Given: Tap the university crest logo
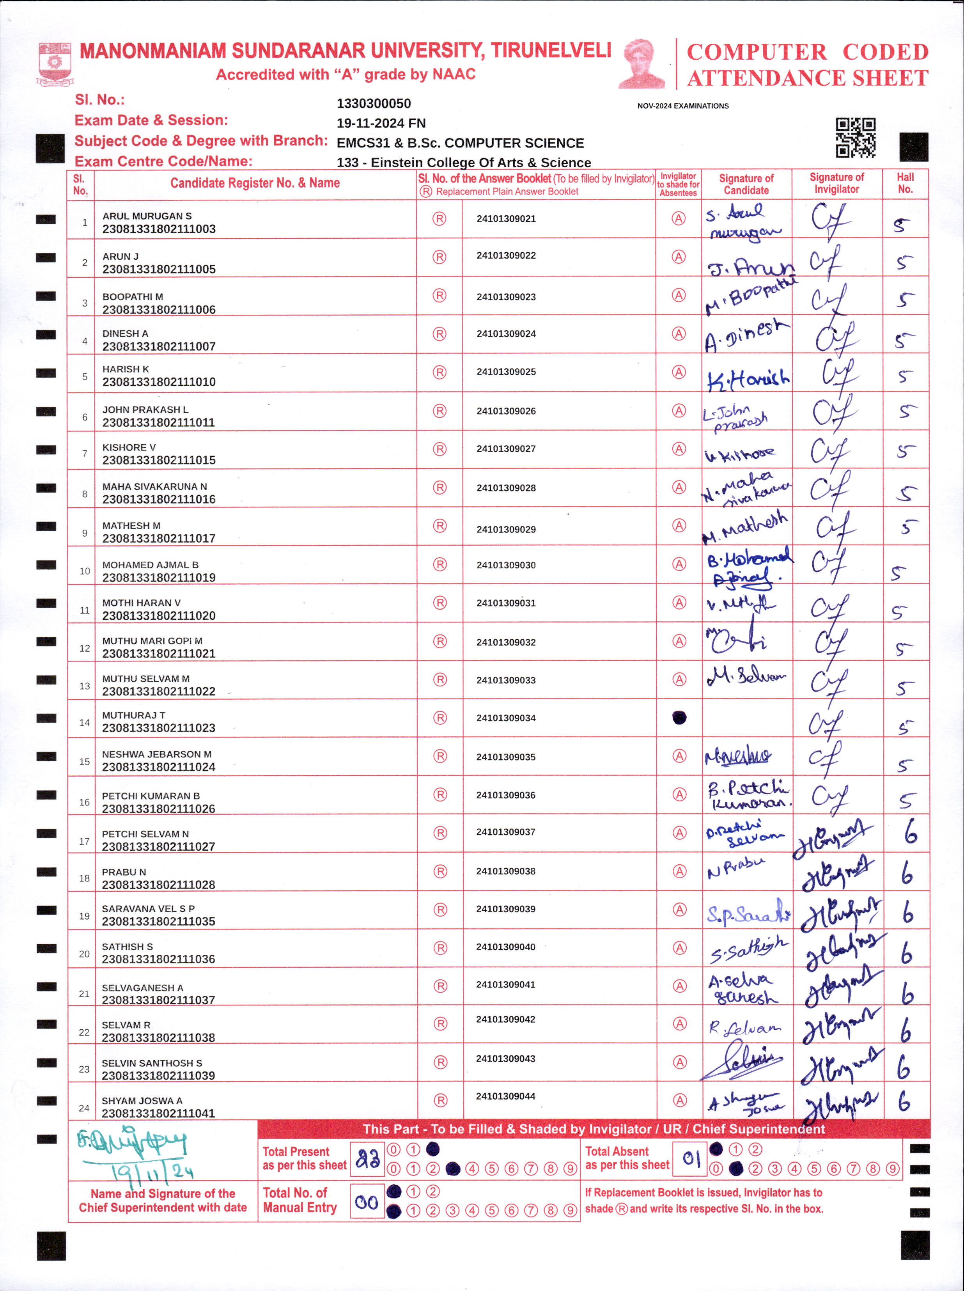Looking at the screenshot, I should [55, 63].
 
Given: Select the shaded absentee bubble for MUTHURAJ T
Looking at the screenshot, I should [679, 718].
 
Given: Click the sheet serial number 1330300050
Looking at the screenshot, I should [374, 104].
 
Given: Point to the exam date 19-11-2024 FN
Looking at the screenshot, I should [381, 124].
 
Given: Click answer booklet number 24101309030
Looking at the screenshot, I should [506, 565].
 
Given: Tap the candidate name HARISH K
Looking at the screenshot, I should [126, 369].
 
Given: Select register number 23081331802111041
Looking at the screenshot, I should [158, 1113].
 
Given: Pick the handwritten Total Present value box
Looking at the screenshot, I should [367, 1158].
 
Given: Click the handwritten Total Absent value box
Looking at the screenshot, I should [690, 1158].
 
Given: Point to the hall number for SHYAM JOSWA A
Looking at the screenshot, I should [904, 1101].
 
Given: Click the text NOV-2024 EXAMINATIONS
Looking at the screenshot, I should [683, 106].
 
